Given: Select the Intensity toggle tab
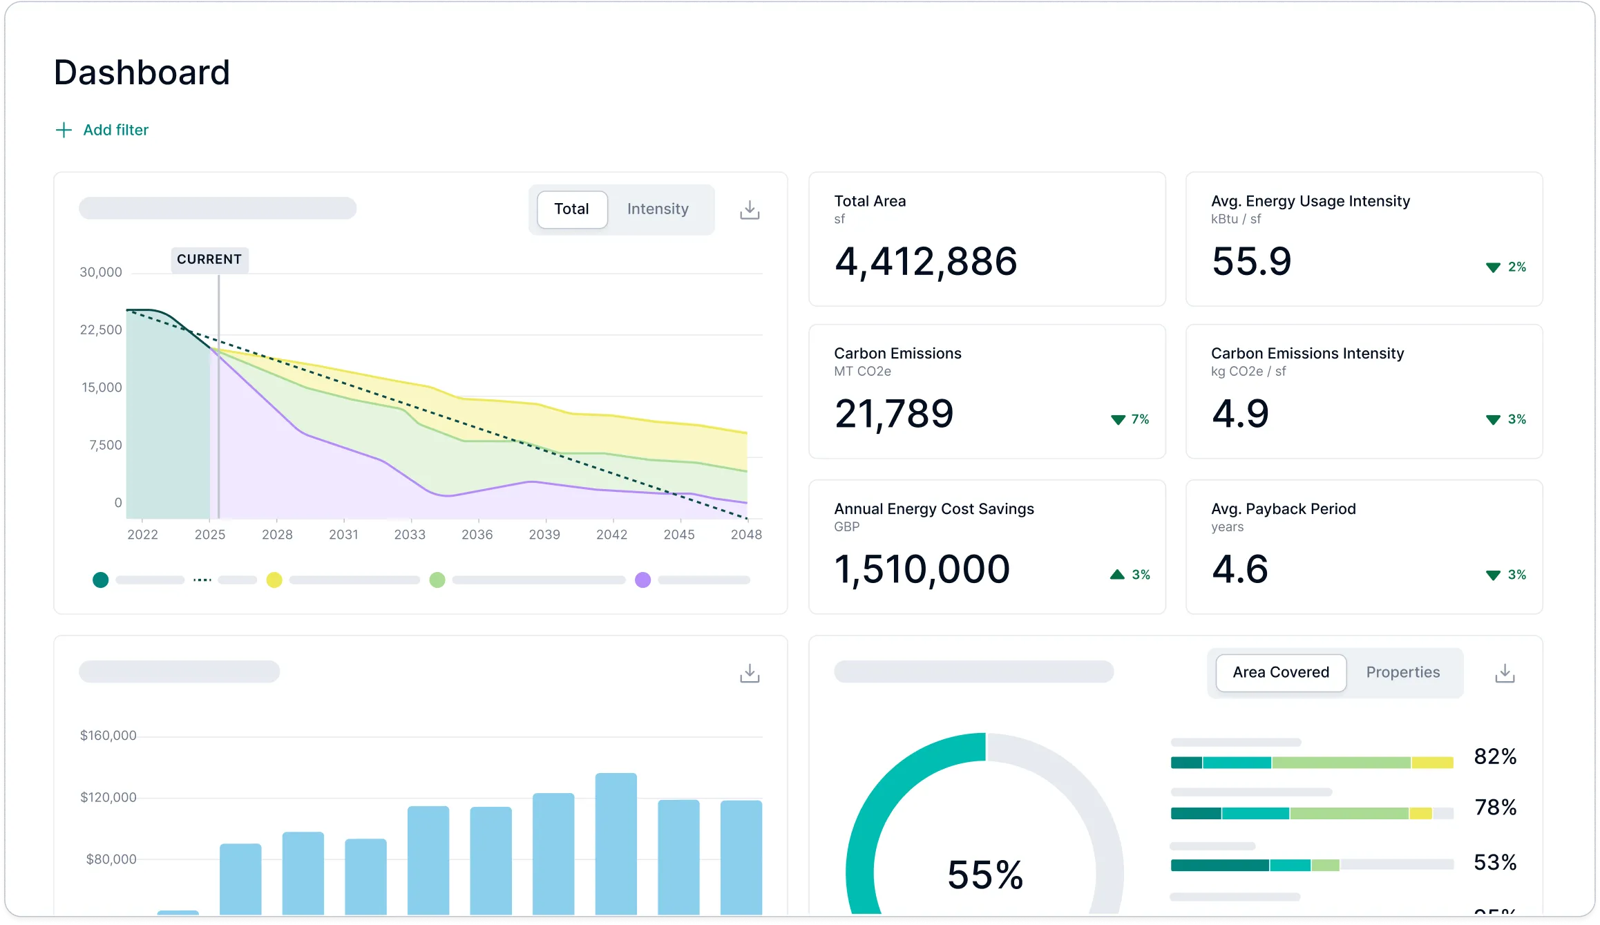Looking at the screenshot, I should tap(657, 209).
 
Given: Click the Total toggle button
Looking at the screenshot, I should tap(571, 209).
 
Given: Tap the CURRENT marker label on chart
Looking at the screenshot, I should tap(209, 260).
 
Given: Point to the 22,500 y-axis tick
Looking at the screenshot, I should tap(100, 330).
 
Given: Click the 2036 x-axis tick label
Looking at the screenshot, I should tap(477, 535).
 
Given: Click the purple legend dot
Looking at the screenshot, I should tap(642, 580).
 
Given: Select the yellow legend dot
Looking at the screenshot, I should tap(274, 580).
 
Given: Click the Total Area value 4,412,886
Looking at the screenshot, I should tap(925, 262).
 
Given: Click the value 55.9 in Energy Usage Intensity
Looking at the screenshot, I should tap(1251, 262).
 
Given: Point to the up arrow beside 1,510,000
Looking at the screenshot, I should tap(1117, 575).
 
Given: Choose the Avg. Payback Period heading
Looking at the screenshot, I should tap(1283, 509).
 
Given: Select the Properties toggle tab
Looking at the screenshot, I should tap(1402, 673).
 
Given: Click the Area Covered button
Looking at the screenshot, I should tap(1280, 673).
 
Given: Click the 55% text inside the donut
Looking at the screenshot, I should tap(984, 875).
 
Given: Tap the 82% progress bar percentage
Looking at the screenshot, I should tap(1495, 757).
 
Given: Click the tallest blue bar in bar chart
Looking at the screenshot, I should tap(616, 843).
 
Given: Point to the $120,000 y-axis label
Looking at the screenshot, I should tap(108, 798).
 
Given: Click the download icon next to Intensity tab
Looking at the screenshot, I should tap(750, 210).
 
